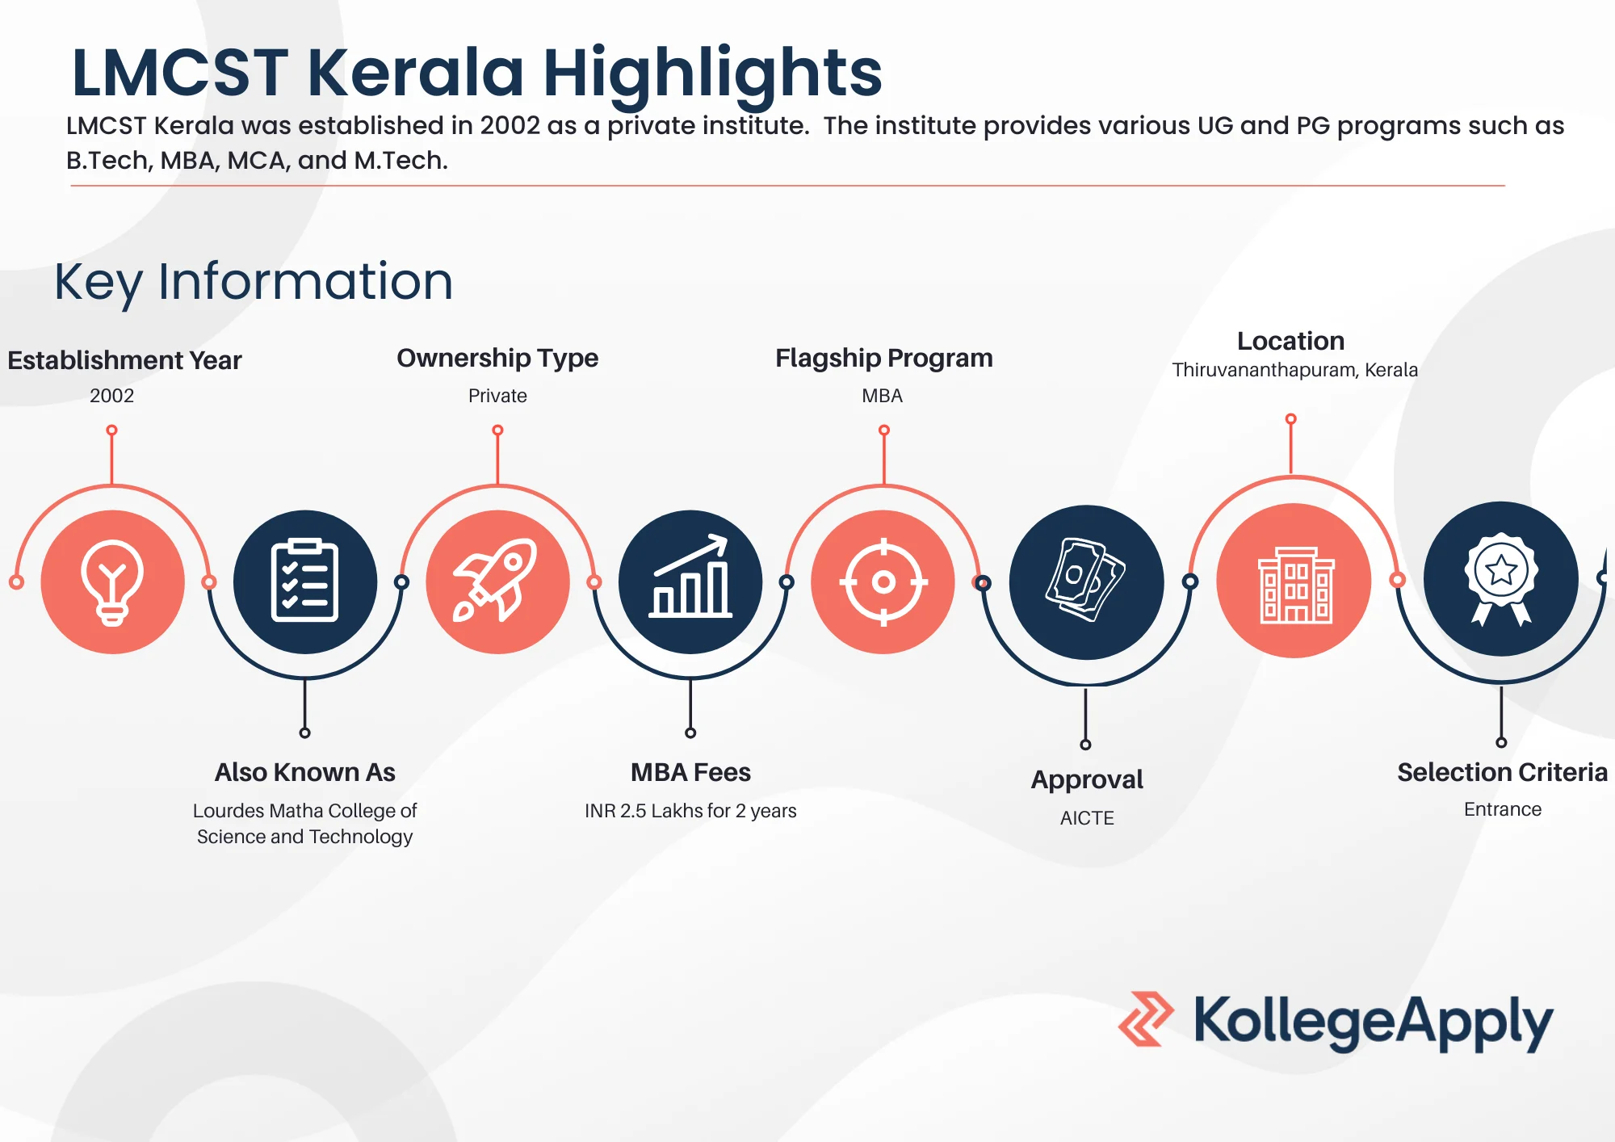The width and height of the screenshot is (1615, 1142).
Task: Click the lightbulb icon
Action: coord(112,582)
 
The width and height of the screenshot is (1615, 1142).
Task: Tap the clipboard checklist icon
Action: coord(304,580)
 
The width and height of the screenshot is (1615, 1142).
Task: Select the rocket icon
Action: coord(496,580)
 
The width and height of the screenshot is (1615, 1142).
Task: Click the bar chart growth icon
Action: coord(690,576)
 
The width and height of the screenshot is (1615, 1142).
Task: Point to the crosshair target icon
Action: coord(883,581)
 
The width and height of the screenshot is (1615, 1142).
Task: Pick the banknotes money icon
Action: coord(1086,580)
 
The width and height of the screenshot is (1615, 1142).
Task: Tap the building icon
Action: coord(1295,584)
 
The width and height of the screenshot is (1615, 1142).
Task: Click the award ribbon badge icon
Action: coord(1501,578)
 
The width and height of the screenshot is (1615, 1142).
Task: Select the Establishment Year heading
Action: coord(124,360)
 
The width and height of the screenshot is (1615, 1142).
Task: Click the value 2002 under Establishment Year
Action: coord(111,396)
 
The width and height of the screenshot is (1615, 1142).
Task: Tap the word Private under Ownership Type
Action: coord(497,396)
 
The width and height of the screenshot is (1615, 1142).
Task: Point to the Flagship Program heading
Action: coord(884,358)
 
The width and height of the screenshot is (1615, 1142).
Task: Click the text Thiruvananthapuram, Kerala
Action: coord(1294,370)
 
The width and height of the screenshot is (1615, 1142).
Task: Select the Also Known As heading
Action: coord(305,772)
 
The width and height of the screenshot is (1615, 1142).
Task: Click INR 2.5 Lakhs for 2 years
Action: coord(690,811)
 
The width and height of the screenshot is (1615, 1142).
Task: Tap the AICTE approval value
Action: coord(1087,818)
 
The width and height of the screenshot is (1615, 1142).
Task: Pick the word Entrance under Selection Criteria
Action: coord(1503,809)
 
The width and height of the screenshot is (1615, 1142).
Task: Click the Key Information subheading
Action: coord(254,282)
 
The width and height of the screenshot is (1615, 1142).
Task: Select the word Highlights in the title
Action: coord(713,73)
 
